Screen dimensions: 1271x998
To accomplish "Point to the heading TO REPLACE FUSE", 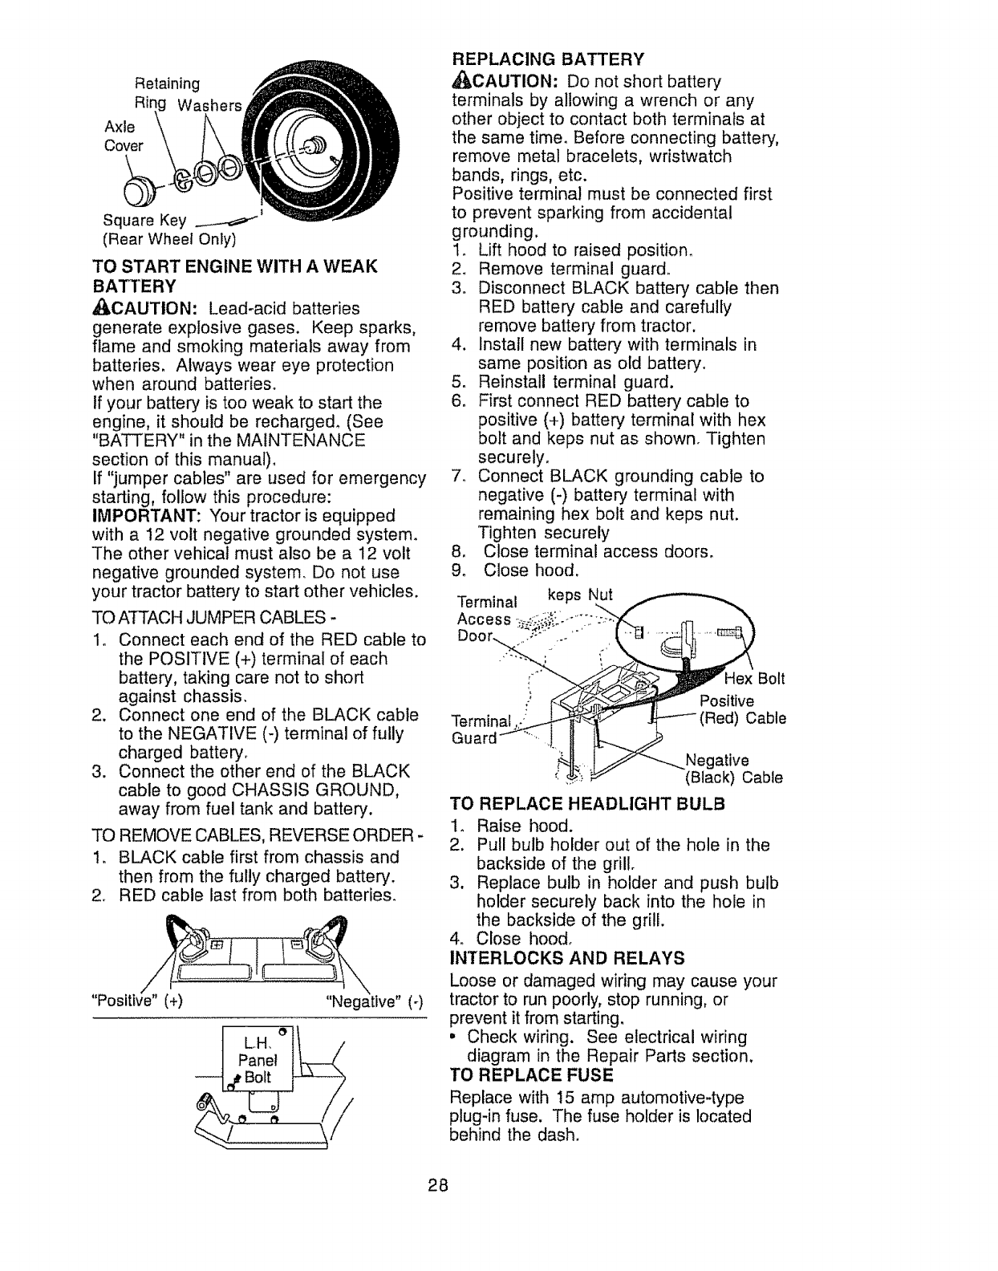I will click(531, 1075).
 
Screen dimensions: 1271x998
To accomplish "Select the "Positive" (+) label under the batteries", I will click(137, 1001).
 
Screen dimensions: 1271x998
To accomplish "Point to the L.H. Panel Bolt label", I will click(257, 1059).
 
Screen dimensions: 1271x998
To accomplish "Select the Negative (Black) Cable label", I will click(732, 768).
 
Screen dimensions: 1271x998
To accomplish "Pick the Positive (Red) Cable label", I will click(742, 709).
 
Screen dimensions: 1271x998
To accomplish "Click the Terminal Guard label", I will click(478, 729).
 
